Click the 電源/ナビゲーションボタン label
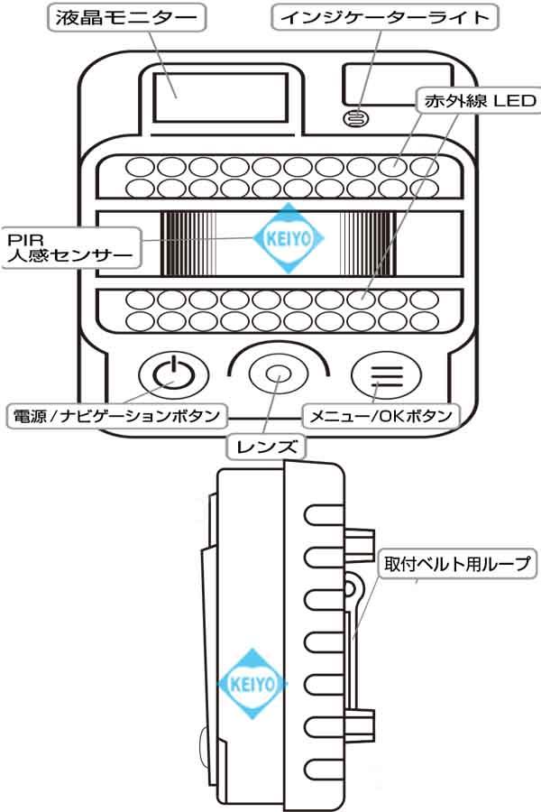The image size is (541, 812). coord(115,416)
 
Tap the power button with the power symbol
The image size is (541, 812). coord(173,372)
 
